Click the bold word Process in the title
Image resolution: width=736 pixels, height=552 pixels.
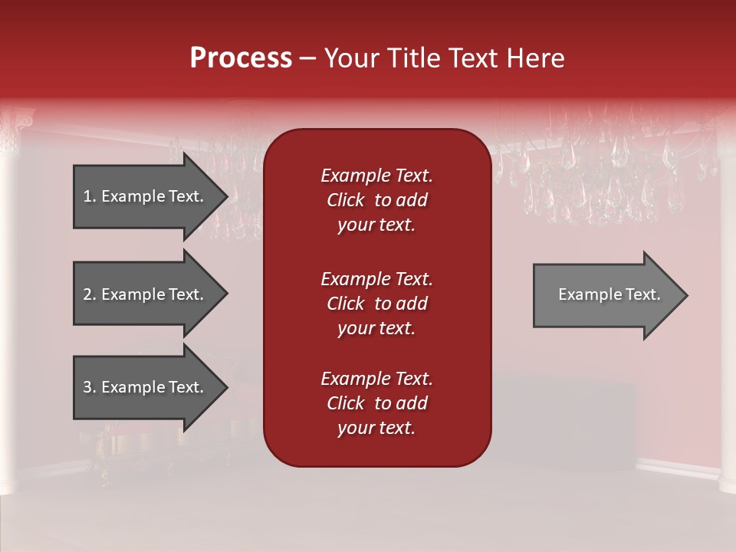click(x=241, y=58)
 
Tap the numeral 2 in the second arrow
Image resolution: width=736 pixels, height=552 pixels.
click(x=87, y=294)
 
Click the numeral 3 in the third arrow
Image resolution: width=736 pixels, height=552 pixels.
click(x=87, y=387)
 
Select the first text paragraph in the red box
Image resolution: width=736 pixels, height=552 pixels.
click(x=376, y=200)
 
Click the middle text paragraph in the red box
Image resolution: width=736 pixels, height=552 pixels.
click(x=376, y=304)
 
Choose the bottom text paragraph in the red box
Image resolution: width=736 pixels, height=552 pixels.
click(x=376, y=403)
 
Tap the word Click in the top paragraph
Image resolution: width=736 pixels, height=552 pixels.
click(x=345, y=200)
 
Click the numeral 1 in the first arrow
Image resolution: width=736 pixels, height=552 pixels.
click(x=87, y=196)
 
